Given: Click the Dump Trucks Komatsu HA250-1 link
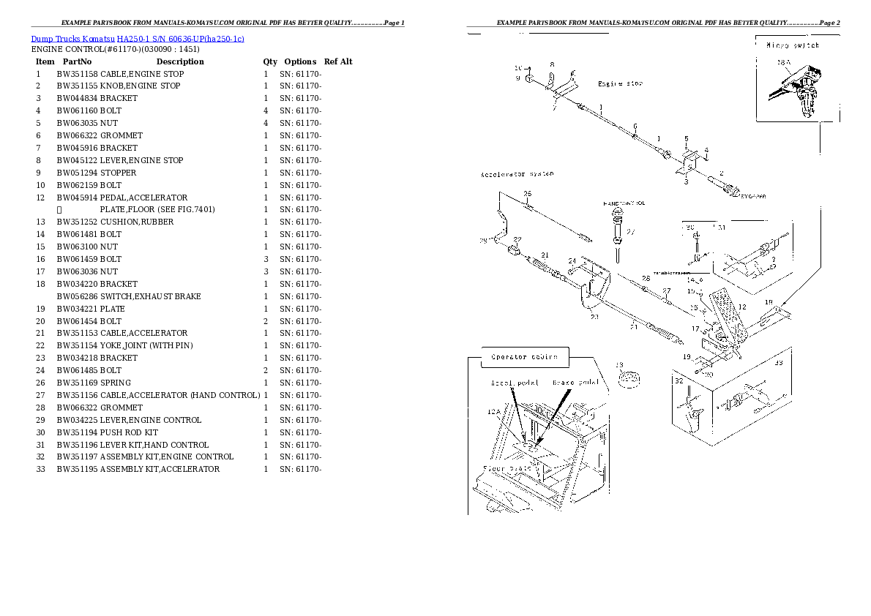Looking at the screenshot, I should [138, 37].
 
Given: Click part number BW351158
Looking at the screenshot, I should [78, 74].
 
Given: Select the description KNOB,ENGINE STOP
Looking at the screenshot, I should [140, 86].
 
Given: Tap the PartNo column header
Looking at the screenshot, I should [77, 61].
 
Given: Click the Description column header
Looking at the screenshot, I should [179, 61].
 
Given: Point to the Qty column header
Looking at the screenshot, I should [270, 61].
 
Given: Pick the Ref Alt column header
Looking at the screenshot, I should [337, 61].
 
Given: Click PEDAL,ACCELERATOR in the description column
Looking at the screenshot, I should [143, 198].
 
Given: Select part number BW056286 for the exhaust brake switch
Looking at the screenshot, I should [78, 296].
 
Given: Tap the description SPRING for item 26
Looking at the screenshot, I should [116, 383].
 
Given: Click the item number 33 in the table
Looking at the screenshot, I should [40, 469].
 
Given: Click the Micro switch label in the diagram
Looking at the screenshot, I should [792, 45].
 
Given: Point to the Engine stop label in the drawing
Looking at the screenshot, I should [620, 84].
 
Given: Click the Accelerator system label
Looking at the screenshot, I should [517, 174].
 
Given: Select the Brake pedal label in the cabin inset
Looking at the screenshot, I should [575, 382].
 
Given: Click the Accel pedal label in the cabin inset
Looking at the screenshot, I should [515, 382].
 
